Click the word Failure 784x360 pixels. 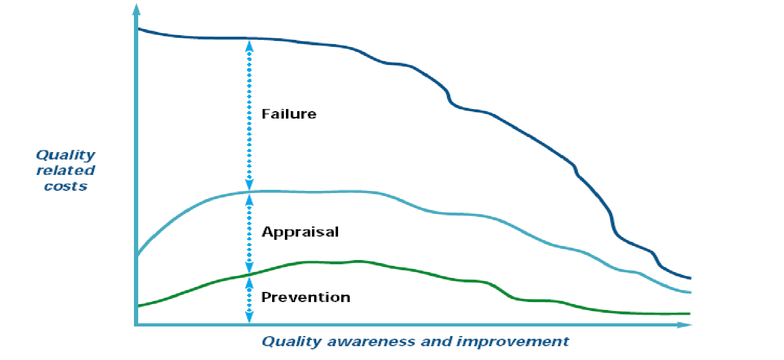[x=289, y=114]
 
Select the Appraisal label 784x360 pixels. [x=300, y=232]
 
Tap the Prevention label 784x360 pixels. [x=306, y=297]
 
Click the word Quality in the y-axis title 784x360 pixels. [x=65, y=155]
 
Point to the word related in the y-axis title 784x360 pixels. [x=65, y=171]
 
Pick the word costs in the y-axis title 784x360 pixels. [x=65, y=186]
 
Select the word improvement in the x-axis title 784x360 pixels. [x=512, y=341]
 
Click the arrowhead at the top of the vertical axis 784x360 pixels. [x=136, y=9]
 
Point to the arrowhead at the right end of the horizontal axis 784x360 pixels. [x=685, y=325]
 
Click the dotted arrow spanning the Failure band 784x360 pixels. [x=249, y=115]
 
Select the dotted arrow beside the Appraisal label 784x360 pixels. [x=249, y=233]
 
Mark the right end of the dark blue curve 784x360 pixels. [x=691, y=279]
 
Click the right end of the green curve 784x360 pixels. [x=690, y=314]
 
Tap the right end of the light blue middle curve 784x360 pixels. [x=691, y=292]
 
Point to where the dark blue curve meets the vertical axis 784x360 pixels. [x=138, y=29]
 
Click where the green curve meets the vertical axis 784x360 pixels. [x=138, y=306]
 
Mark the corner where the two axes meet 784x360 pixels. [x=136, y=324]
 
